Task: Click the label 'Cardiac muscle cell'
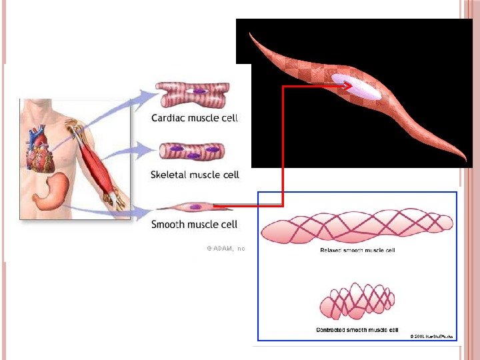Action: (195, 118)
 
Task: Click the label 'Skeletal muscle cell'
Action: (195, 175)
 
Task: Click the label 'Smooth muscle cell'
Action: (195, 224)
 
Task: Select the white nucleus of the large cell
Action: (360, 87)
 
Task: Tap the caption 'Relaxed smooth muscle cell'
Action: (357, 251)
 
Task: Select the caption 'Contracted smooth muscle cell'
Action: (357, 329)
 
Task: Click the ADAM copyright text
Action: (226, 248)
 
